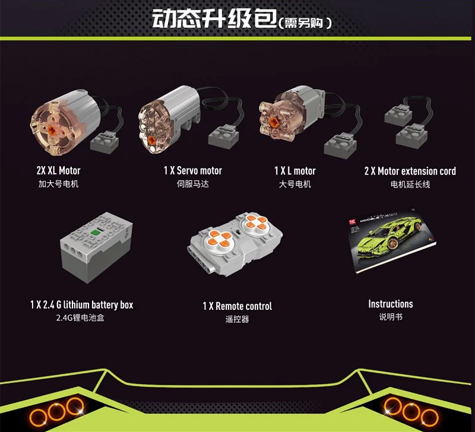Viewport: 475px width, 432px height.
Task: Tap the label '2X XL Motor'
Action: [58, 171]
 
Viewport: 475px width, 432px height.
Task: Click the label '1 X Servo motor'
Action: [193, 171]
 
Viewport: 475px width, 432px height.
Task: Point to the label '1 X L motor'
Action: [295, 171]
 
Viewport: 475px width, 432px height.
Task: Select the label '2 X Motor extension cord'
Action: [410, 171]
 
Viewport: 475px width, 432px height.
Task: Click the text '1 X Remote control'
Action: [237, 306]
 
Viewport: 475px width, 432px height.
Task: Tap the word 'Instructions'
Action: [391, 304]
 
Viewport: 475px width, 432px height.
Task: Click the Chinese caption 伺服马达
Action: [193, 184]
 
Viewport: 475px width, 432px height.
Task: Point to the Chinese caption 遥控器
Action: [237, 319]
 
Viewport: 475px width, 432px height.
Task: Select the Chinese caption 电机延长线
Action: [410, 184]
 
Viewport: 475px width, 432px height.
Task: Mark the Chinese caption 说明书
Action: [391, 317]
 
